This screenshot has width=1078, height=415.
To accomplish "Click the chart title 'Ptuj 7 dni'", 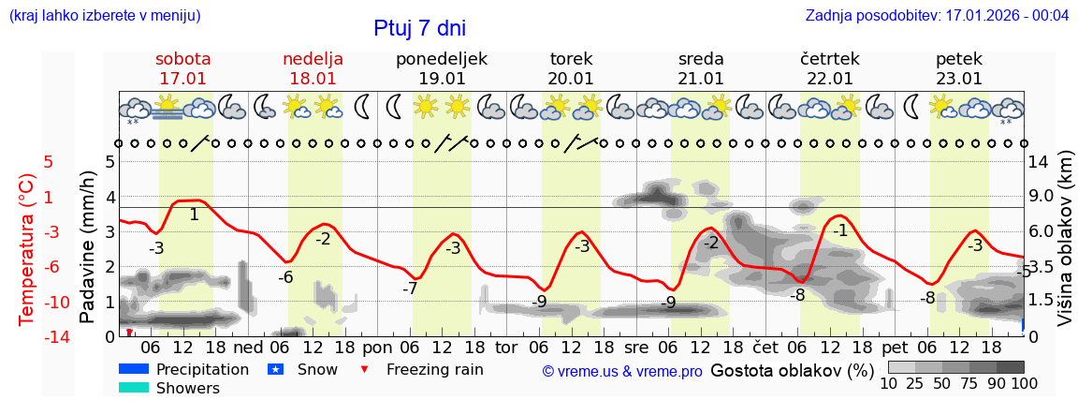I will coord(419,28).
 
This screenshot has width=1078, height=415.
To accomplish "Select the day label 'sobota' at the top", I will coord(183,59).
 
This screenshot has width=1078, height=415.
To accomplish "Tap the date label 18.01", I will coord(313,79).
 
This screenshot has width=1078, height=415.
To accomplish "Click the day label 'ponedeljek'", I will coord(442,59).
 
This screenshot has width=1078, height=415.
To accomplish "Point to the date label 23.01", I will coord(959,79).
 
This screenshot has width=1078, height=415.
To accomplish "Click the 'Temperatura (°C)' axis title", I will coord(27,248).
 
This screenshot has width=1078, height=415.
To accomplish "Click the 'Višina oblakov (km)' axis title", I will coord(1065,248).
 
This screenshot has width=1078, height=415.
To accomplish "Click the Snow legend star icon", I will coord(275,369).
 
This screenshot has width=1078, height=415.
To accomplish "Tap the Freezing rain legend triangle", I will coord(365,369).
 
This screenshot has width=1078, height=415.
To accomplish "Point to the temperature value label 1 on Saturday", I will coord(194,215).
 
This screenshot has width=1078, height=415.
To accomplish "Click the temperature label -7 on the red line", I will coord(410,289).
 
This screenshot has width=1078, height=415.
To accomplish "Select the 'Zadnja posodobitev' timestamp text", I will coord(937,16).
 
